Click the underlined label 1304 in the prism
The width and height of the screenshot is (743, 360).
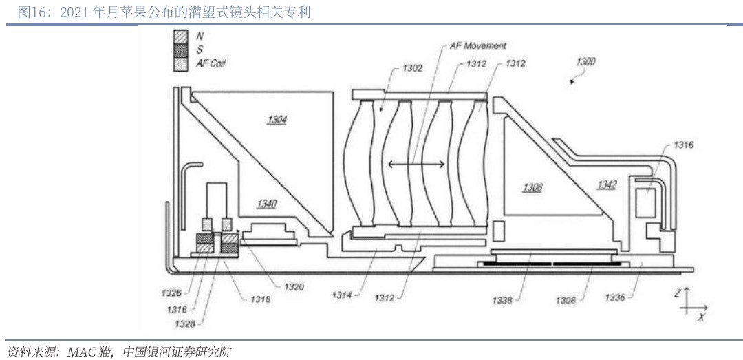pyautogui.click(x=277, y=120)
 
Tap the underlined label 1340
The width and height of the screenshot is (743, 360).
pyautogui.click(x=266, y=204)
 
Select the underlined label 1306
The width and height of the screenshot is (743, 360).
pyautogui.click(x=532, y=187)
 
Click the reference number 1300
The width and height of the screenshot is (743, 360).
pyautogui.click(x=585, y=62)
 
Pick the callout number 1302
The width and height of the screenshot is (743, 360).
pyautogui.click(x=413, y=68)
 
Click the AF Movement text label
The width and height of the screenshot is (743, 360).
pyautogui.click(x=477, y=46)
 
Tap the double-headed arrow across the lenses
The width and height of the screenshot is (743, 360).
pyautogui.click(x=416, y=164)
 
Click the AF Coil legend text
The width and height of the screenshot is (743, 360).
pyautogui.click(x=211, y=63)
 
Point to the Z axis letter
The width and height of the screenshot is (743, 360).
pyautogui.click(x=677, y=293)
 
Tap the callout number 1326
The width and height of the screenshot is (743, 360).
pyautogui.click(x=172, y=293)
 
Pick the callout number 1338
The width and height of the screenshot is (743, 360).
pyautogui.click(x=502, y=300)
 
